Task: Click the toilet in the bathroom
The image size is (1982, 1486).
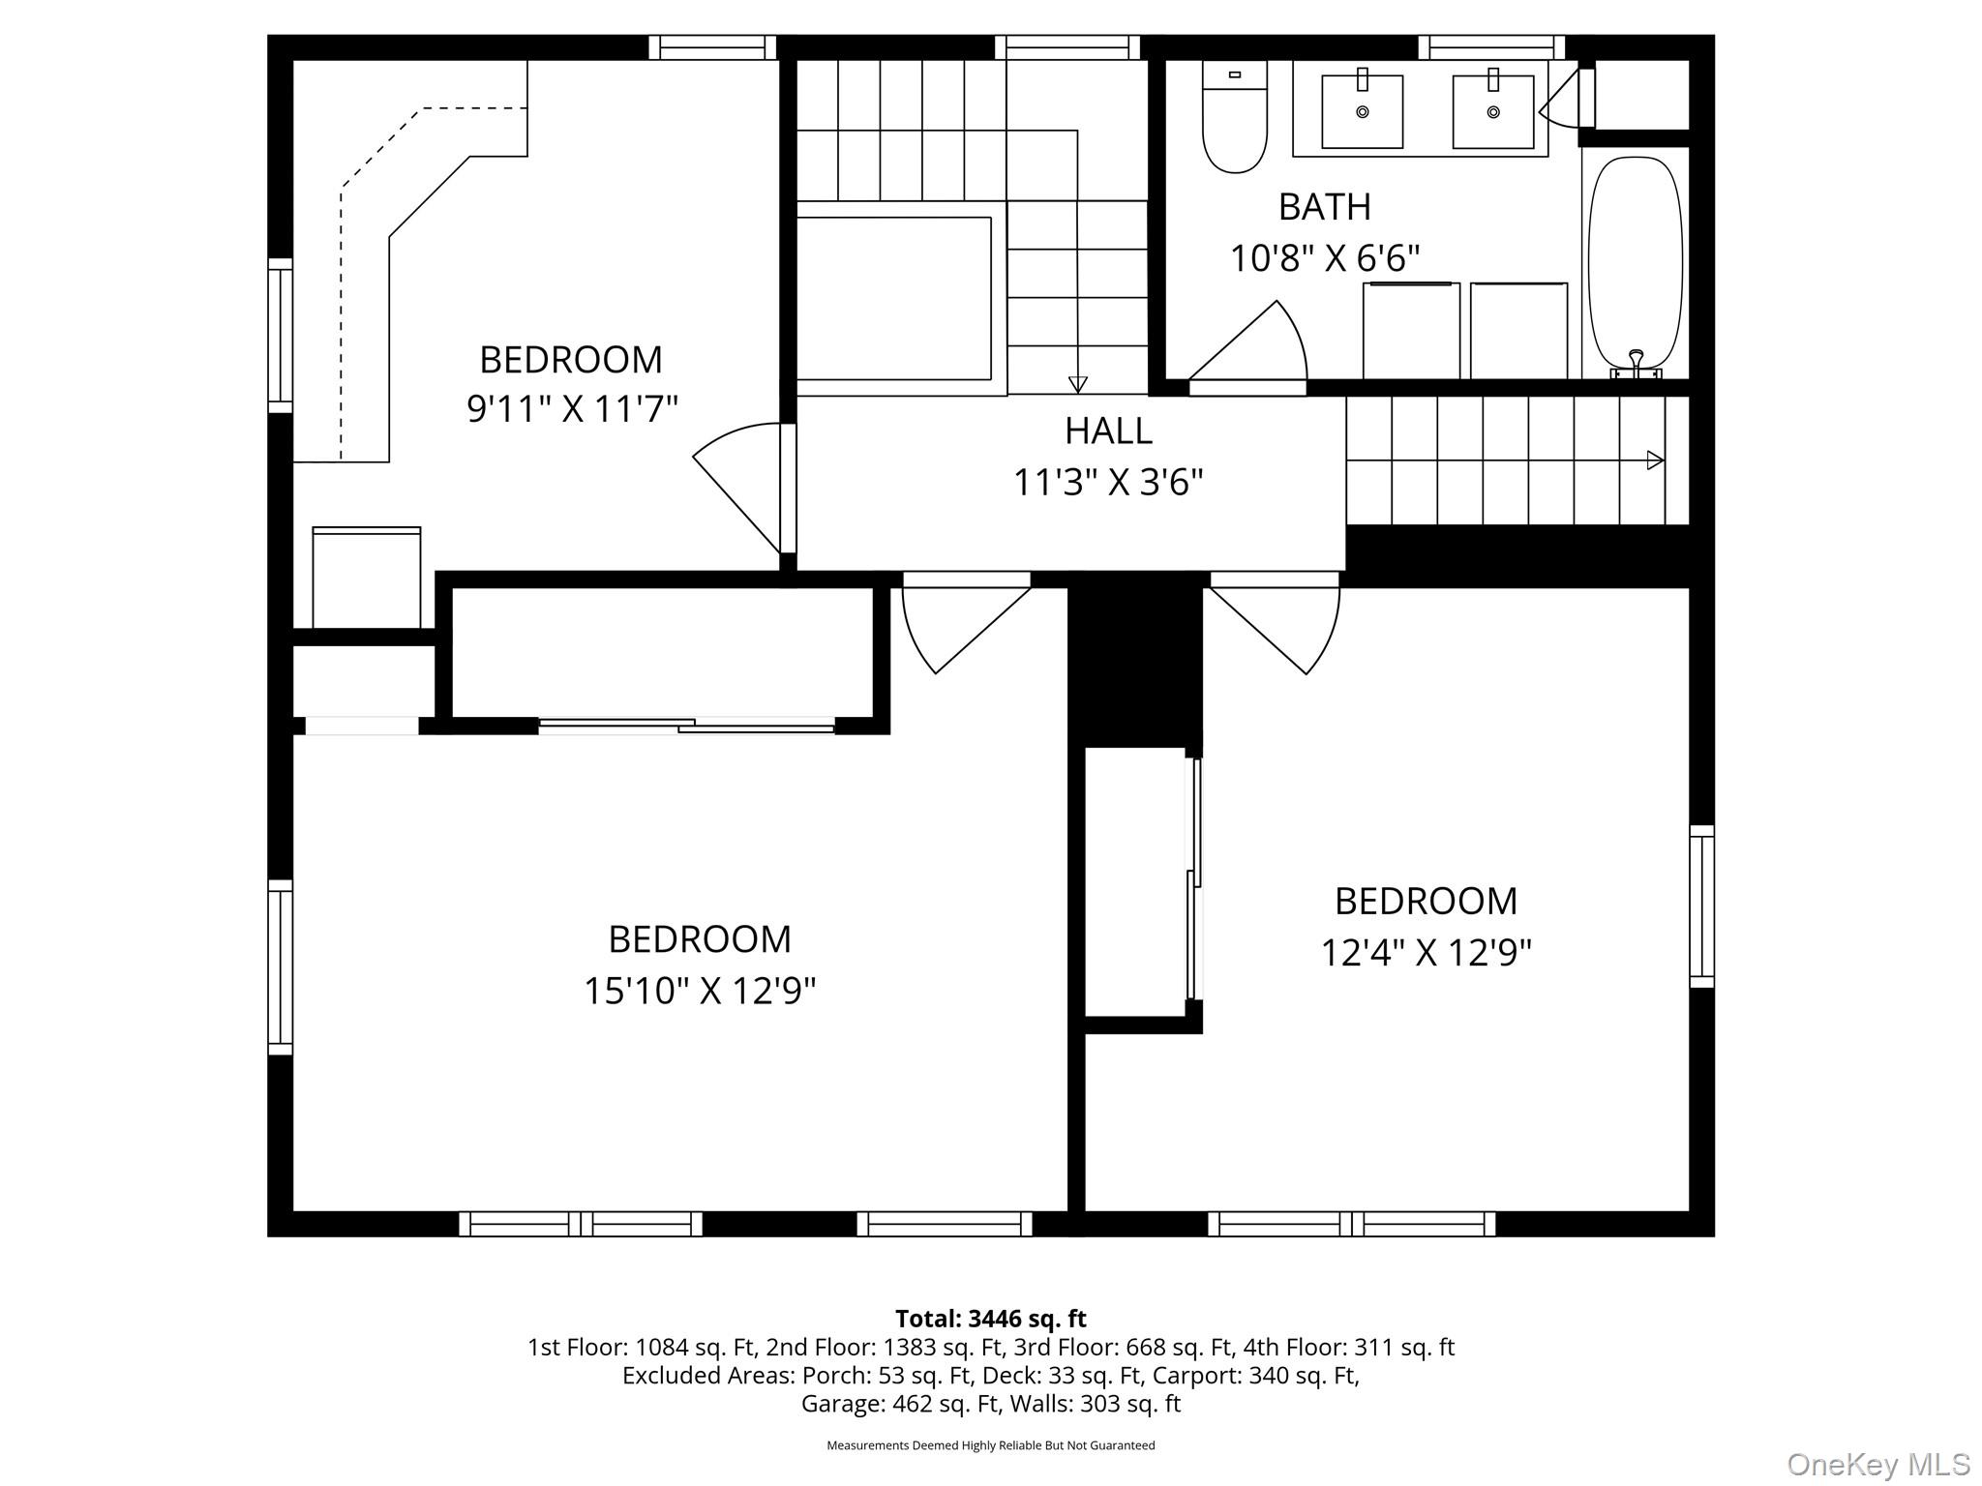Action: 1234,116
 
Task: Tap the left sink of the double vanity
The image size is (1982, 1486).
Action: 1363,111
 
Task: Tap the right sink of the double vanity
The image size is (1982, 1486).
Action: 1493,111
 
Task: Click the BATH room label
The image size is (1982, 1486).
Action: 1325,207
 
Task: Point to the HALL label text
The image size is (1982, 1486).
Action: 1108,431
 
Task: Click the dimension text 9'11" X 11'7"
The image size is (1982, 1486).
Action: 572,408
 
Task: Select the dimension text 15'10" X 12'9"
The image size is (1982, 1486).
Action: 700,990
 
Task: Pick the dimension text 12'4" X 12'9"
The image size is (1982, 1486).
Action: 1426,953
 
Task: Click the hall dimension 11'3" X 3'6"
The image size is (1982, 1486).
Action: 1108,482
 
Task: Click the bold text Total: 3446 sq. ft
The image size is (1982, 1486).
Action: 991,1319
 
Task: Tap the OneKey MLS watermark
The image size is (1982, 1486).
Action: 1878,1465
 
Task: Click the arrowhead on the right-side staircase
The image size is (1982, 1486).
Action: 1656,461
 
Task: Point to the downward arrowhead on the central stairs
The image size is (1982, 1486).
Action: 1077,384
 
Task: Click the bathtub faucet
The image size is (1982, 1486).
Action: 1636,364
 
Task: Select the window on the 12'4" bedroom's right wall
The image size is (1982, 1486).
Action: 1701,906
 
